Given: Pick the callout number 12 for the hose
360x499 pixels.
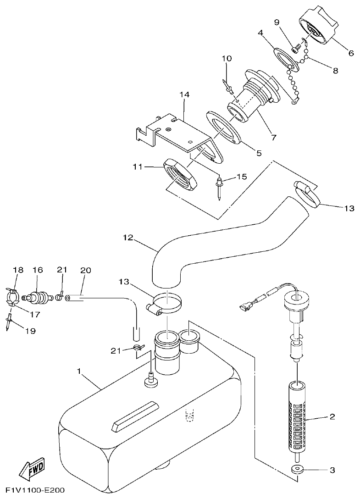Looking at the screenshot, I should (x=128, y=238).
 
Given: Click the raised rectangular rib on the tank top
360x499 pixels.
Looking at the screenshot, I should (x=135, y=415).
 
